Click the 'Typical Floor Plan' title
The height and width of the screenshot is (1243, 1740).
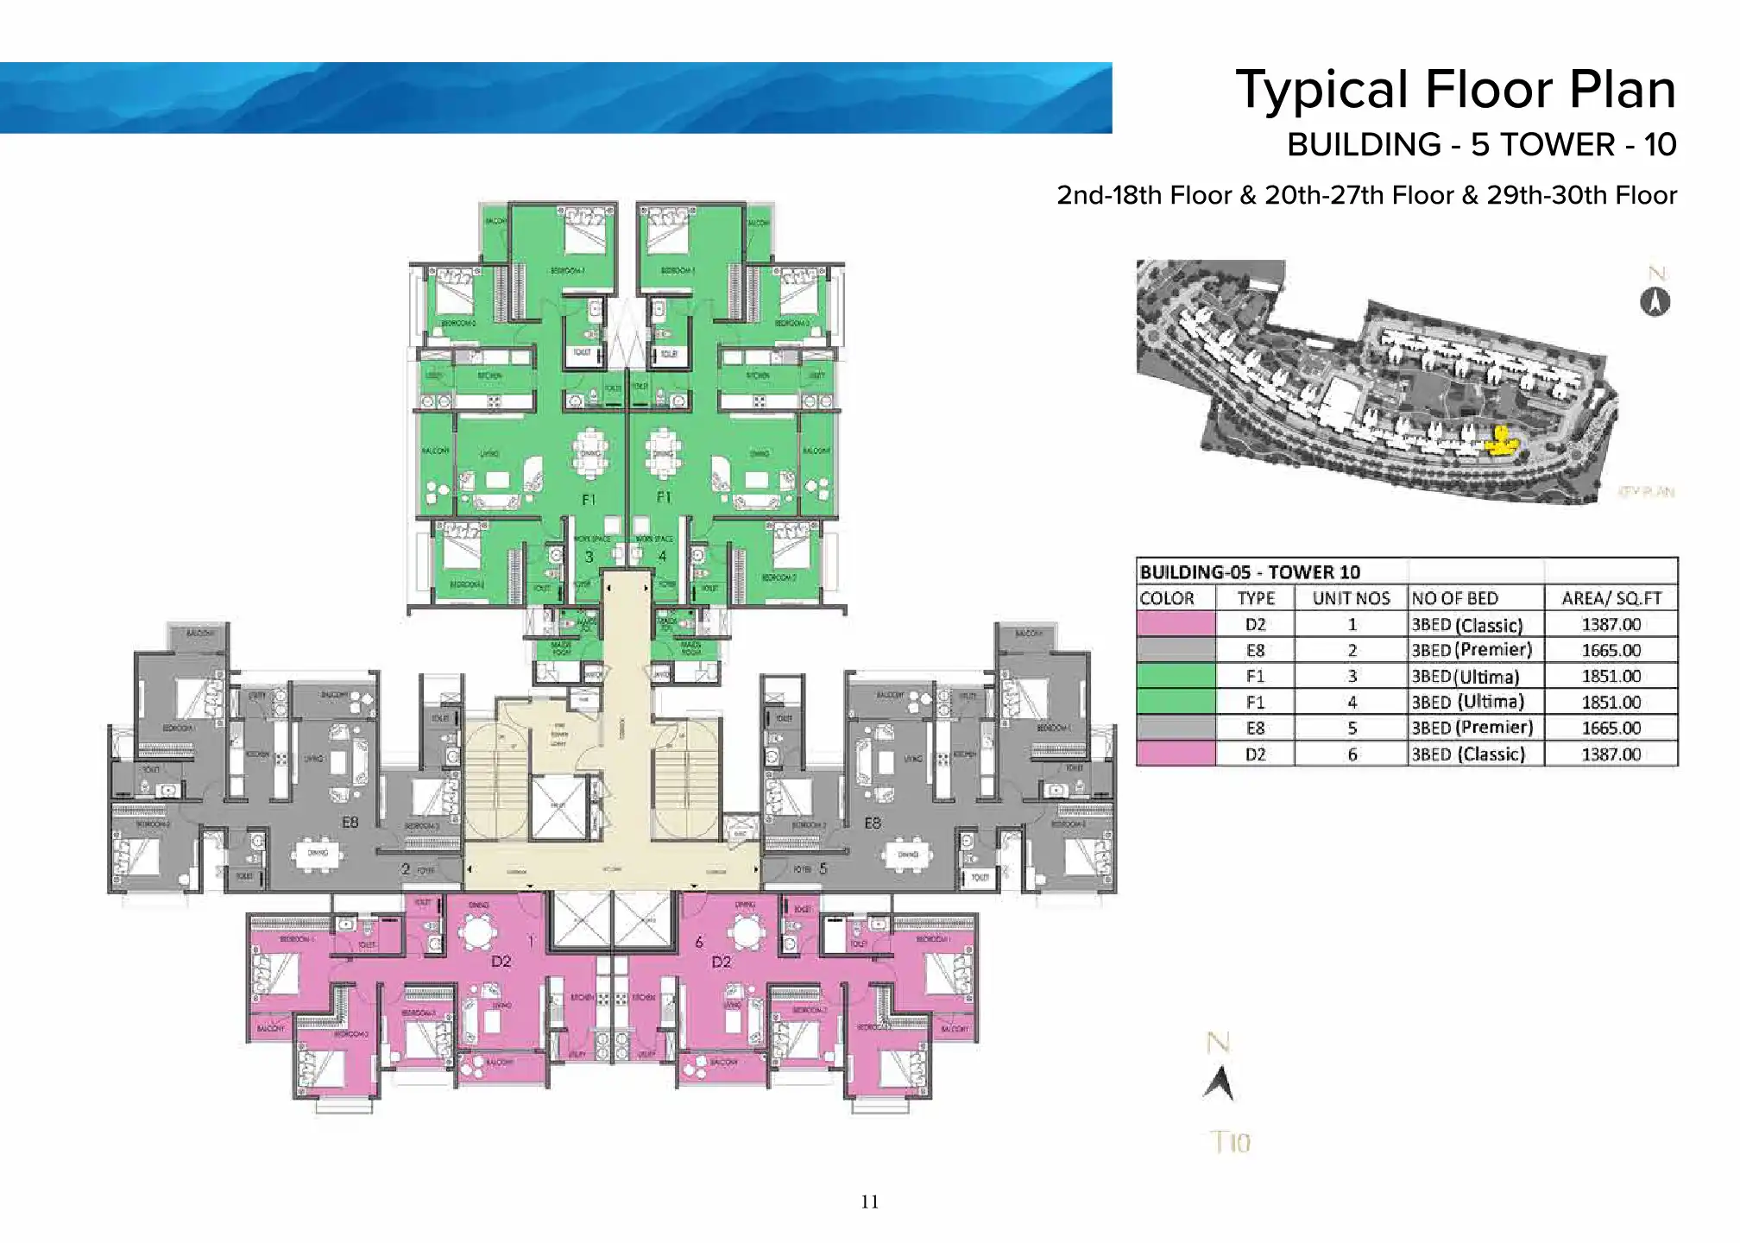coord(1455,90)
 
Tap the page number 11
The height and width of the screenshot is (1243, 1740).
coord(869,1202)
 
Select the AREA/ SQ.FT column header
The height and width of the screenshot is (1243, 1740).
coord(1611,598)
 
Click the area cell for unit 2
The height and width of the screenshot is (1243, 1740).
coord(1611,650)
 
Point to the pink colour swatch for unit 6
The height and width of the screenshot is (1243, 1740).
coord(1176,754)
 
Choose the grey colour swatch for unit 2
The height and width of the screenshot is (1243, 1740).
coord(1176,650)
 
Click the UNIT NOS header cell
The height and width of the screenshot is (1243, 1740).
coord(1351,598)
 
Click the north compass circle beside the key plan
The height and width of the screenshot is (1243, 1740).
coord(1655,302)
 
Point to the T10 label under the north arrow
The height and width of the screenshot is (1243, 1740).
coord(1230,1142)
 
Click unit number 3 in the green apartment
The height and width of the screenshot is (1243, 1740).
coord(589,557)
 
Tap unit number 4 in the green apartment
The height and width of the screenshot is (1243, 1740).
coord(662,557)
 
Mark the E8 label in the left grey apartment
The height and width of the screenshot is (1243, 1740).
coord(350,823)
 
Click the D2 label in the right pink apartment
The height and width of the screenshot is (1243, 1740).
coord(722,962)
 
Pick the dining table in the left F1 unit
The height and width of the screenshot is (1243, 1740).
coord(590,452)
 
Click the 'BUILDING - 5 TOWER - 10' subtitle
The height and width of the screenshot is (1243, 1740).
coord(1481,145)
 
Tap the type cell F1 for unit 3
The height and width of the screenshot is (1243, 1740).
coord(1255,676)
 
